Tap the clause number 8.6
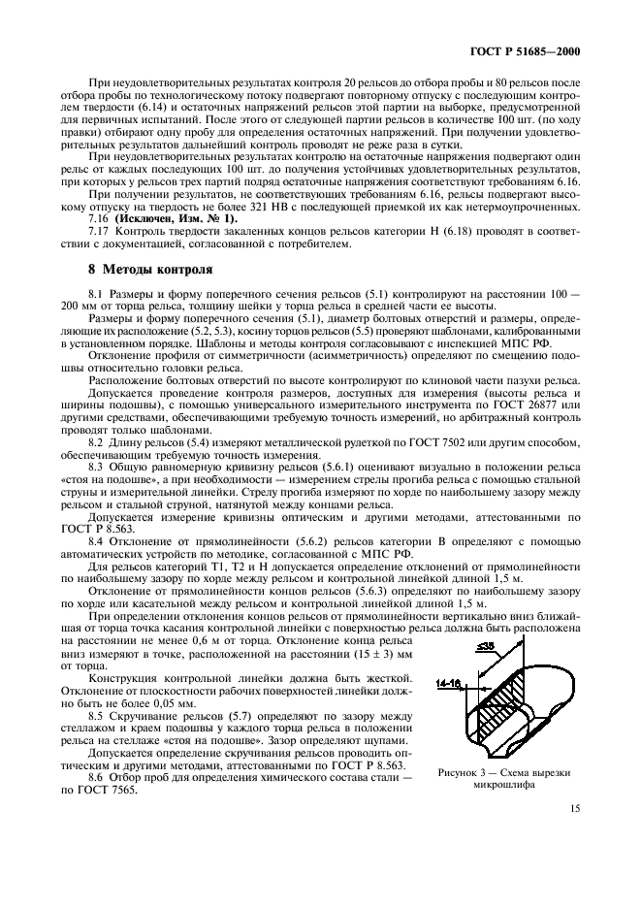point(98,778)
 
